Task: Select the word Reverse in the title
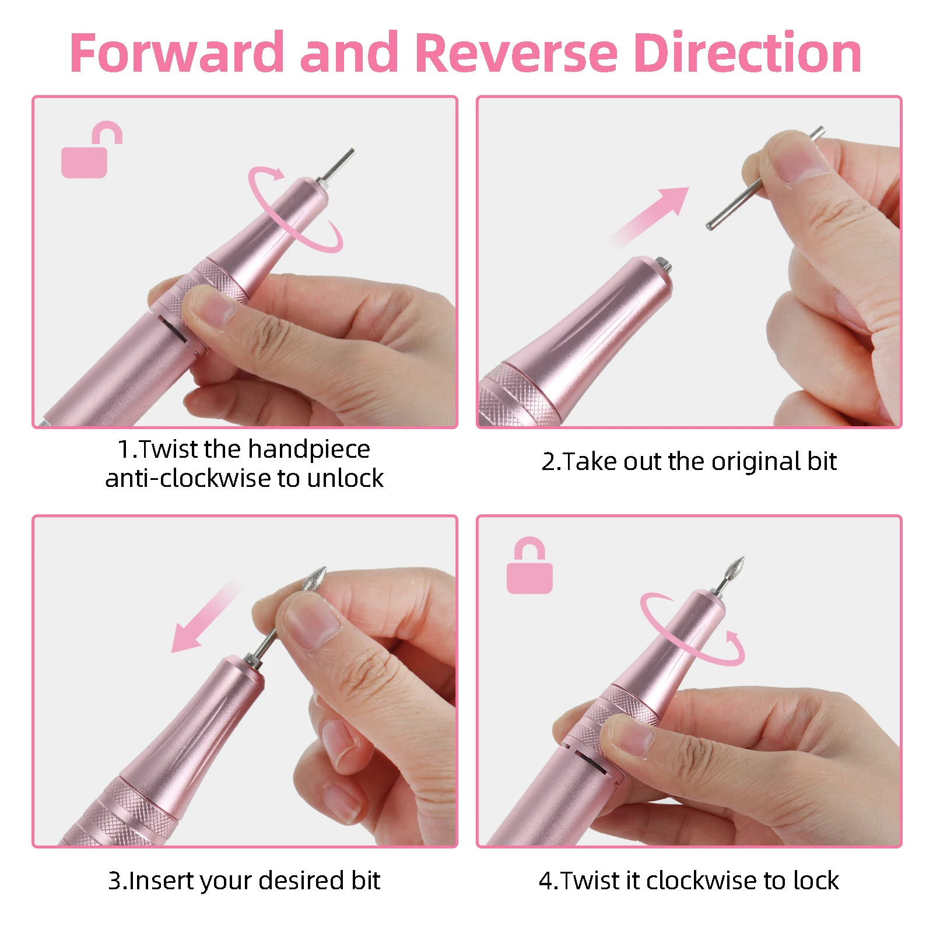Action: tap(515, 54)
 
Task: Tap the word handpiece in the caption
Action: tap(308, 449)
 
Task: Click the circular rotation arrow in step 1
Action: tap(294, 210)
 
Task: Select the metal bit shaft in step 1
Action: tap(337, 164)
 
